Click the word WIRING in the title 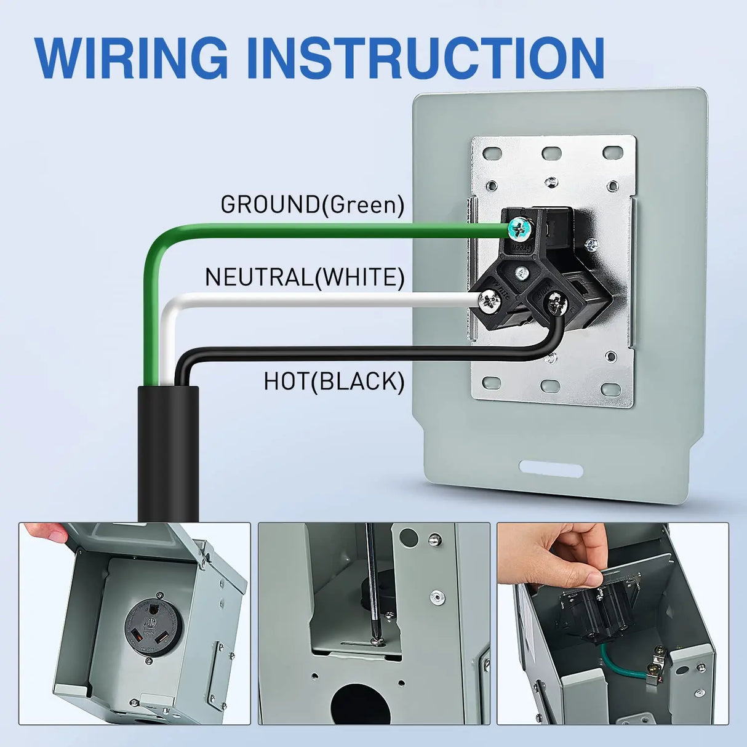(x=132, y=58)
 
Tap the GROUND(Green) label (x=313, y=204)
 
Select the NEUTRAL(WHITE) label (x=305, y=278)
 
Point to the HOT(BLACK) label (x=334, y=381)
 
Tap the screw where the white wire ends (x=490, y=302)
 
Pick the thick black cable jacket (x=168, y=453)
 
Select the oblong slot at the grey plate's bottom (x=551, y=469)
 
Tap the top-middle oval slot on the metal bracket (x=551, y=153)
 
